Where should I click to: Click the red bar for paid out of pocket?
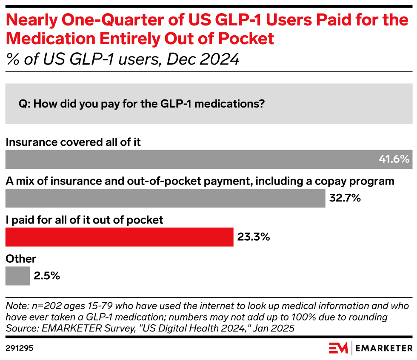point(119,237)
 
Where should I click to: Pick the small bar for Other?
point(17,276)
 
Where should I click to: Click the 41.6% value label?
point(394,159)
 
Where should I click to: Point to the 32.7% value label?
point(345,198)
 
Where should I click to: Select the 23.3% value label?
point(254,237)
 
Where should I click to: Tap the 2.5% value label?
point(47,276)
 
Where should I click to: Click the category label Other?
point(21,258)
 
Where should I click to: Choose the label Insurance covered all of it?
point(73,142)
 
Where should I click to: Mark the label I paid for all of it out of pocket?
point(84,220)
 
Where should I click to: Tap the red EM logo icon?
point(338,348)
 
